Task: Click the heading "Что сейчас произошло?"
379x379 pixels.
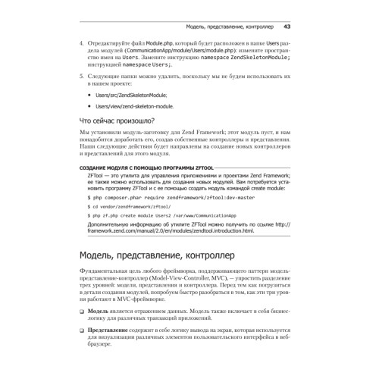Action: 117,121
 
